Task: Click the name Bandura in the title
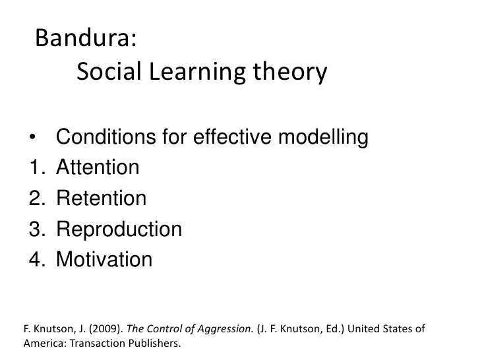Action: click(83, 38)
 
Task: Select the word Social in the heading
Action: click(109, 71)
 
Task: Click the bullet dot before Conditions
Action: click(32, 137)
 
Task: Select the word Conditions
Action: click(106, 136)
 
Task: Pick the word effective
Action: click(232, 136)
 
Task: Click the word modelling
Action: click(323, 138)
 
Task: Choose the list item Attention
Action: click(98, 167)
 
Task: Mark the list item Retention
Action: click(102, 198)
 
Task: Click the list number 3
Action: click(37, 229)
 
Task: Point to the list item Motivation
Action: click(104, 259)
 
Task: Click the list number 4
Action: click(37, 259)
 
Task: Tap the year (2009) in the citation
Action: click(106, 328)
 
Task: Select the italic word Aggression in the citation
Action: click(225, 329)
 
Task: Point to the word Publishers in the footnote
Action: click(154, 343)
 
